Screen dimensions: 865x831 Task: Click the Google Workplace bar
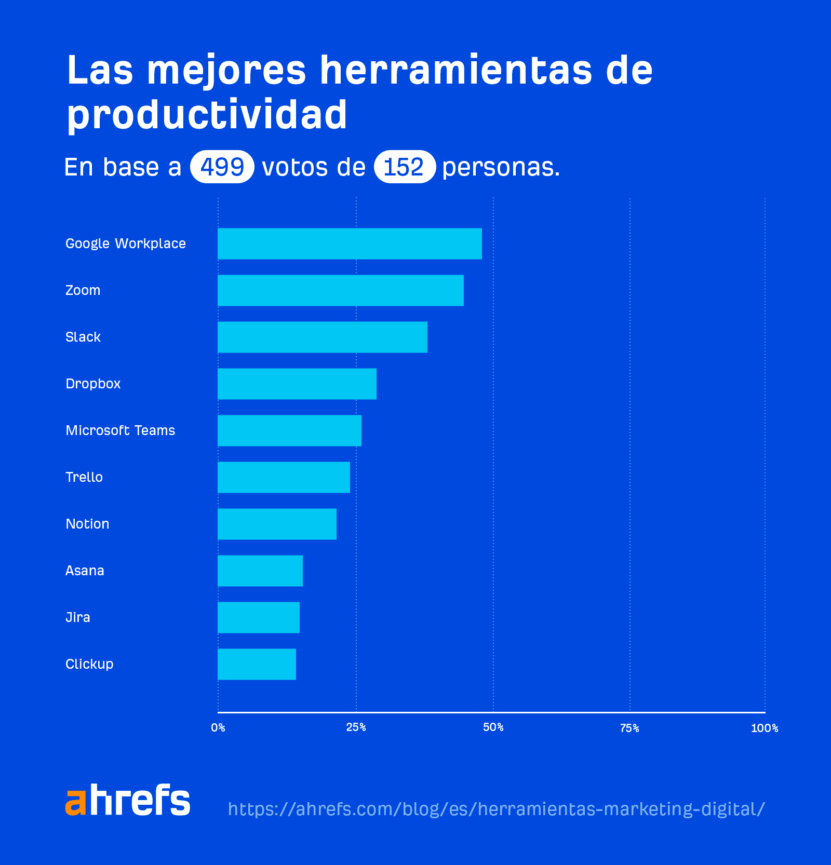350,244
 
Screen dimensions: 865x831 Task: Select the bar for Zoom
341,290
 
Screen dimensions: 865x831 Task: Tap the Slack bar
323,337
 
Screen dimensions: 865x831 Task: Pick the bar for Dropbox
297,384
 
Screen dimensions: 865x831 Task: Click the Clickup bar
257,664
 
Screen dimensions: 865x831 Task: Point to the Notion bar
277,524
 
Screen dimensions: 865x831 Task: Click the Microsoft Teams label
120,430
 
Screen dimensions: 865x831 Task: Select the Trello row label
84,477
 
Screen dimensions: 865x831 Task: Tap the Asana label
85,571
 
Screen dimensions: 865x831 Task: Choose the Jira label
78,617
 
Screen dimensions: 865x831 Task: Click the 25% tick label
356,727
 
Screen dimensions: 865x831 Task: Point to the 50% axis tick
493,727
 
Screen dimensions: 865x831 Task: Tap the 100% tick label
764,728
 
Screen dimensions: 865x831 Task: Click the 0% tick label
218,728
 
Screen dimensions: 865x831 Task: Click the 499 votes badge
222,167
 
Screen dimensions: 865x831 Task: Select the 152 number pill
404,167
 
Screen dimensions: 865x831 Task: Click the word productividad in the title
207,114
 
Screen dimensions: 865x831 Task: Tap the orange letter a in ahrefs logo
75,802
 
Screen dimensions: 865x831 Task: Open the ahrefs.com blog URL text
496,809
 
